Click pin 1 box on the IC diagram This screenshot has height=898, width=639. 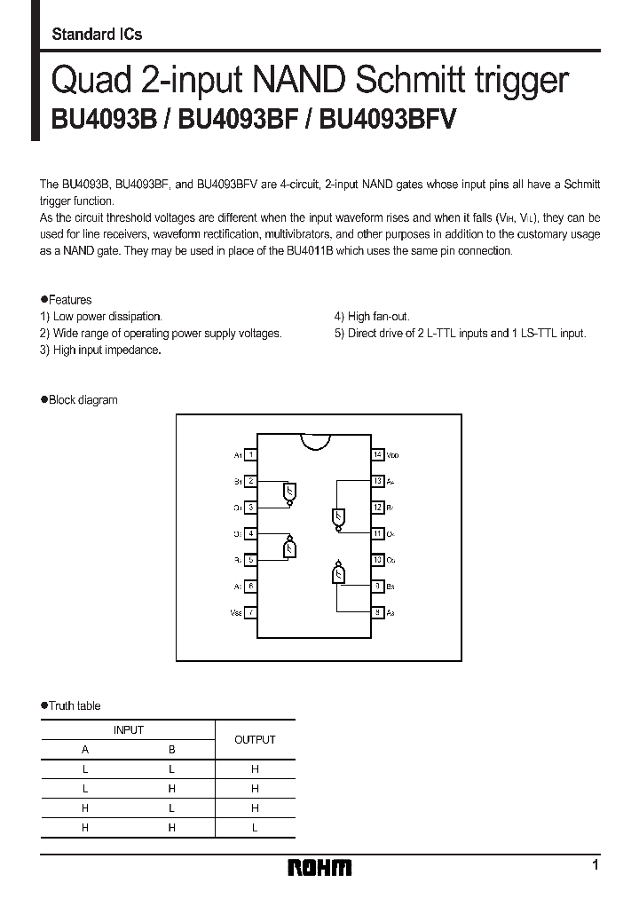252,454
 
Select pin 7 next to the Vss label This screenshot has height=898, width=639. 252,612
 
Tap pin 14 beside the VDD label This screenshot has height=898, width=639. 378,454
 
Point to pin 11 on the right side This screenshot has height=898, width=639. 378,533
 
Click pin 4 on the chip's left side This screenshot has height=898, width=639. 252,533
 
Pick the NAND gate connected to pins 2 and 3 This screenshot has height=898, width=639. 288,492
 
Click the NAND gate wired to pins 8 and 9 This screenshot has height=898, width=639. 338,573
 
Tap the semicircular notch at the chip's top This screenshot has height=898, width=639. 315,441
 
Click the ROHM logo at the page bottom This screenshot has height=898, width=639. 319,868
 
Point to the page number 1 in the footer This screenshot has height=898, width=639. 595,865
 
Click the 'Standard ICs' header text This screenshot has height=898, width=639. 97,35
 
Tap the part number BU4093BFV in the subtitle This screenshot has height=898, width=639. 387,120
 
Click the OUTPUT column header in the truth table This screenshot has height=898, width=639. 255,739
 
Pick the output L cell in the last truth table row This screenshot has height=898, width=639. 255,827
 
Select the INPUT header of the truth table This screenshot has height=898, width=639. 128,729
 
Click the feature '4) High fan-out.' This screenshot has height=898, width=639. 372,316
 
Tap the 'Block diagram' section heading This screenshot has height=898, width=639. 83,400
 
